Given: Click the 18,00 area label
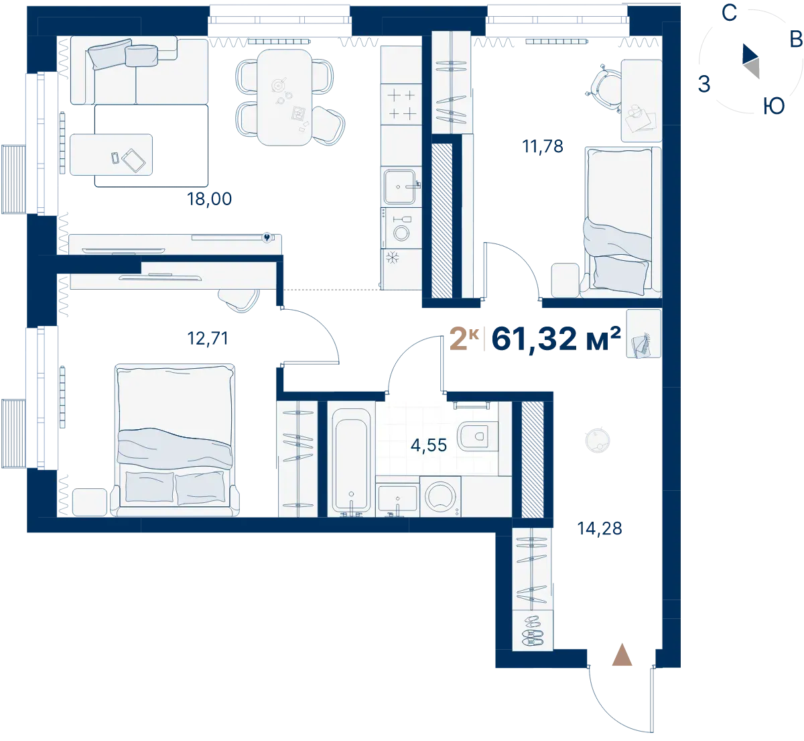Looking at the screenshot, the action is [x=209, y=199].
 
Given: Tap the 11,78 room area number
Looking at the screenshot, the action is [x=542, y=146].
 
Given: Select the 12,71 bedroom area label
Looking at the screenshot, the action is [x=208, y=339].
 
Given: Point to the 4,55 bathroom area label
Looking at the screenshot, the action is [x=428, y=445].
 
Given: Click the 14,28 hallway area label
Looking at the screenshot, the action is [x=600, y=528].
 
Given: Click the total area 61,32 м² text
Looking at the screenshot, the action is [x=556, y=339].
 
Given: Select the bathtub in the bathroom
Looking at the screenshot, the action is [x=352, y=461].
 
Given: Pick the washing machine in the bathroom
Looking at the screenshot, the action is [x=440, y=496].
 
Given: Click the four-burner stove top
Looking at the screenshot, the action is [x=401, y=105].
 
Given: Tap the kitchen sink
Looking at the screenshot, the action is [x=399, y=186].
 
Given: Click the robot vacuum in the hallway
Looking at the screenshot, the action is [x=598, y=441].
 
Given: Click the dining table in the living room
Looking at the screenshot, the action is [x=284, y=97].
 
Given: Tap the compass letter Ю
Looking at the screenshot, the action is [x=774, y=107].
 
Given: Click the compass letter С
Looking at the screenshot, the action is [x=729, y=13].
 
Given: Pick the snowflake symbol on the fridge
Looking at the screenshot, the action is [x=392, y=258].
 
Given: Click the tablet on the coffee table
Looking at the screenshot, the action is [x=133, y=160].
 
